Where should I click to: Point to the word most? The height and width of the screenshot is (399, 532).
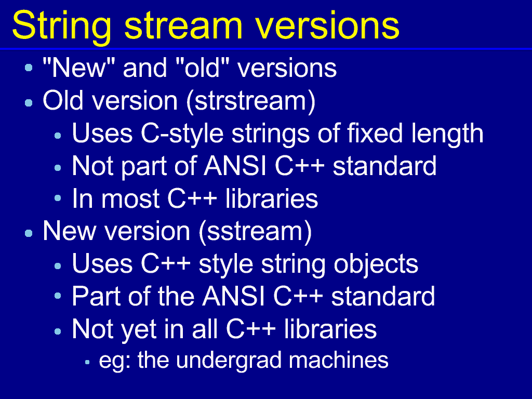[x=130, y=199]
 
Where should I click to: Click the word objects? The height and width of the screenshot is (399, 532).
[x=376, y=264]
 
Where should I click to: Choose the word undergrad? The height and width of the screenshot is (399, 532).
[x=229, y=361]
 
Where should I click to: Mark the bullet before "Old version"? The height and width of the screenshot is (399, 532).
[x=29, y=102]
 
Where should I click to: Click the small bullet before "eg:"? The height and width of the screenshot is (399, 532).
[x=87, y=362]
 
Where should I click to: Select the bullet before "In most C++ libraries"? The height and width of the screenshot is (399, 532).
[x=58, y=198]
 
